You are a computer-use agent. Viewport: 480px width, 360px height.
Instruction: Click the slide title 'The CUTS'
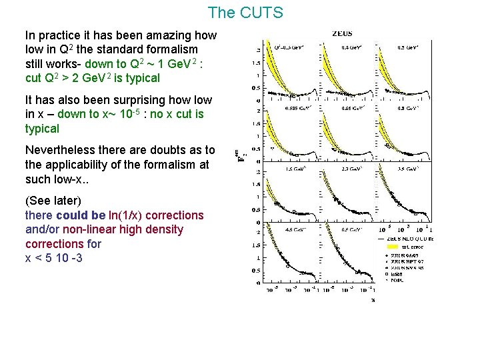tap(245, 13)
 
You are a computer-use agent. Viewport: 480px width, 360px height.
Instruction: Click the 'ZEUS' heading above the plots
tap(343, 33)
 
